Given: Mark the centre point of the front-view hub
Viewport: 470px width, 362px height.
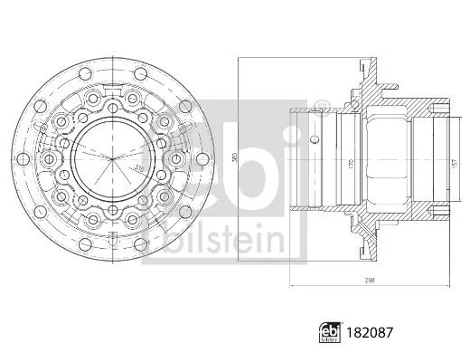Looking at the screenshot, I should [x=115, y=162].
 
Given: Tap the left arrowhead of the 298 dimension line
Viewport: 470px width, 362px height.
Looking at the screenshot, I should [x=291, y=287].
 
